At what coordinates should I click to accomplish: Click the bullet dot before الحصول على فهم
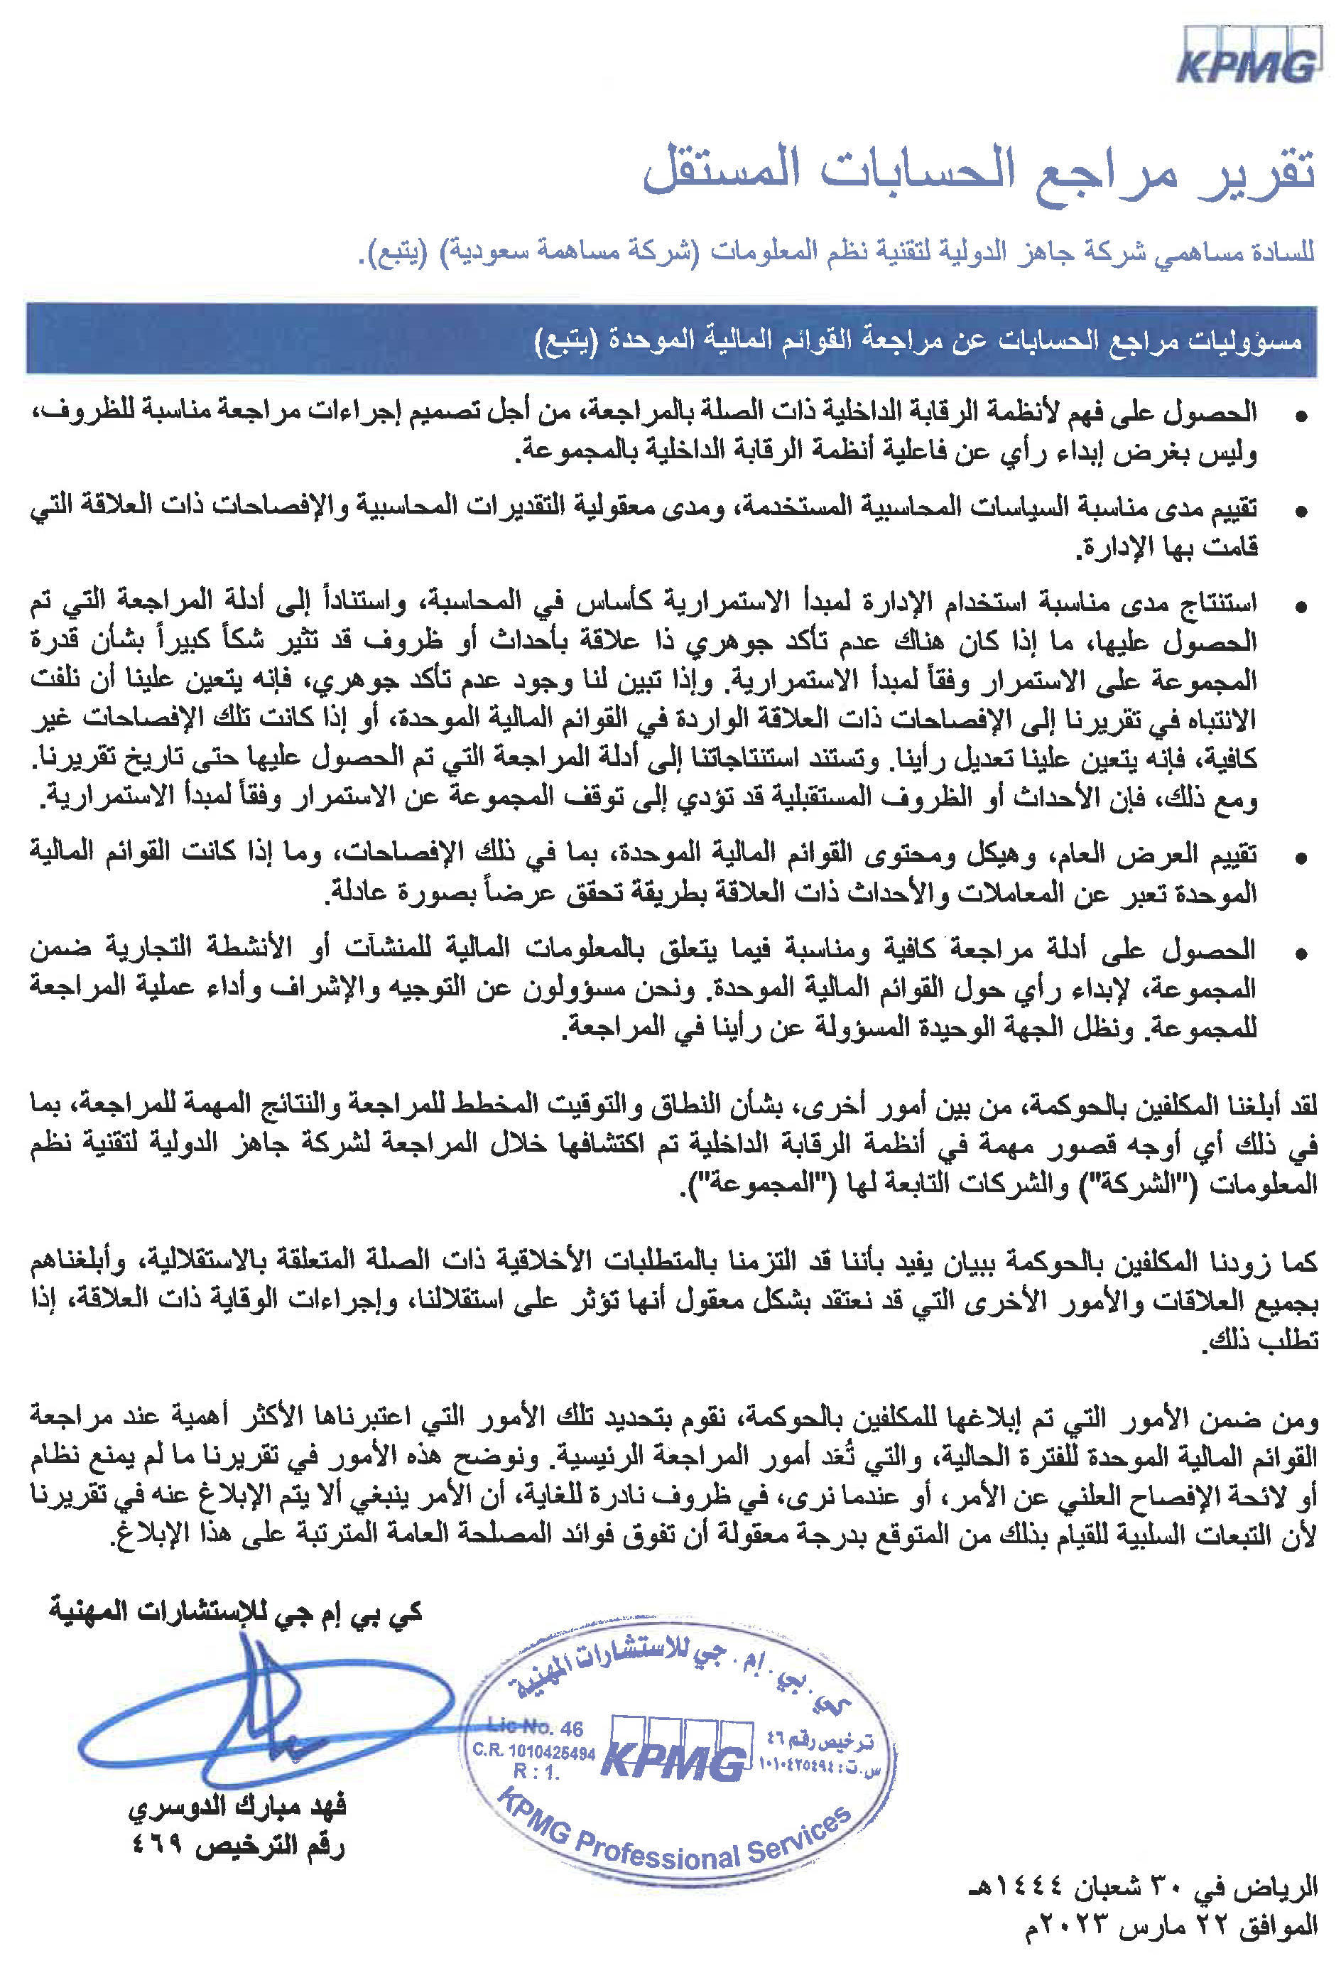(x=1301, y=416)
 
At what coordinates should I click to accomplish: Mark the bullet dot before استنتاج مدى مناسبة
(x=1301, y=607)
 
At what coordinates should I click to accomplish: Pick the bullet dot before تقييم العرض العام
(x=1301, y=858)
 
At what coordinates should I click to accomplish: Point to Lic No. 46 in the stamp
(x=536, y=1729)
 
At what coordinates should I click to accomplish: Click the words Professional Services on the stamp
(x=713, y=1850)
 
